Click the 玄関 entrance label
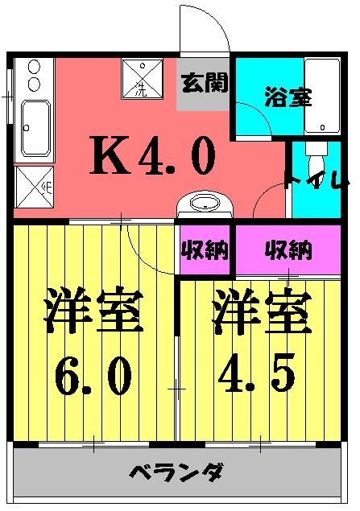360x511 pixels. (204, 82)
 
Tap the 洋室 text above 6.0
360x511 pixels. (93, 311)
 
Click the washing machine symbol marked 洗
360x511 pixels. (142, 78)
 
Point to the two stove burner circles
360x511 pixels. (34, 76)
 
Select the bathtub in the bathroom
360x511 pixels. (321, 95)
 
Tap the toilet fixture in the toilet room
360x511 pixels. (317, 154)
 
